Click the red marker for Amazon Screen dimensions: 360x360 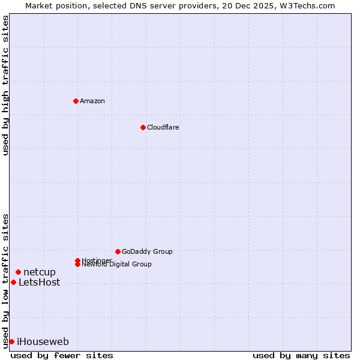click(x=76, y=101)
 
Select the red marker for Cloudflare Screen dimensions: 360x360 click(x=143, y=127)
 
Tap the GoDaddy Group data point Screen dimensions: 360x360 click(x=118, y=251)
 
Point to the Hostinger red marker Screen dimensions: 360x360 click(x=77, y=260)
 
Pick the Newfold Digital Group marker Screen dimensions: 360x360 click(x=77, y=264)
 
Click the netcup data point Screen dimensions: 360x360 click(x=18, y=272)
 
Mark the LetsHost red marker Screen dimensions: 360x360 click(x=13, y=283)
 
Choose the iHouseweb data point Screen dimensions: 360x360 click(x=11, y=341)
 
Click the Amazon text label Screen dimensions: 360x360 click(x=92, y=101)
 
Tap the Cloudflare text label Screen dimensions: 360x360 click(x=163, y=127)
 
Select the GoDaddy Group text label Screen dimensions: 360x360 click(x=147, y=251)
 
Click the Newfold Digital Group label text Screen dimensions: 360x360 click(x=116, y=265)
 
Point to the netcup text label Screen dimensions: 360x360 click(x=40, y=272)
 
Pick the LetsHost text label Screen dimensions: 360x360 click(x=40, y=283)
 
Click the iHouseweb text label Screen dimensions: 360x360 click(x=43, y=342)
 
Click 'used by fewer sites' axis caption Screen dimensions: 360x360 click(x=62, y=355)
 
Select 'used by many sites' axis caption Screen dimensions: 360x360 click(x=301, y=355)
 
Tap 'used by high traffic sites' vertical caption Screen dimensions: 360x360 click(x=5, y=86)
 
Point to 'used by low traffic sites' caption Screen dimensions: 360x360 click(x=5, y=280)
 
